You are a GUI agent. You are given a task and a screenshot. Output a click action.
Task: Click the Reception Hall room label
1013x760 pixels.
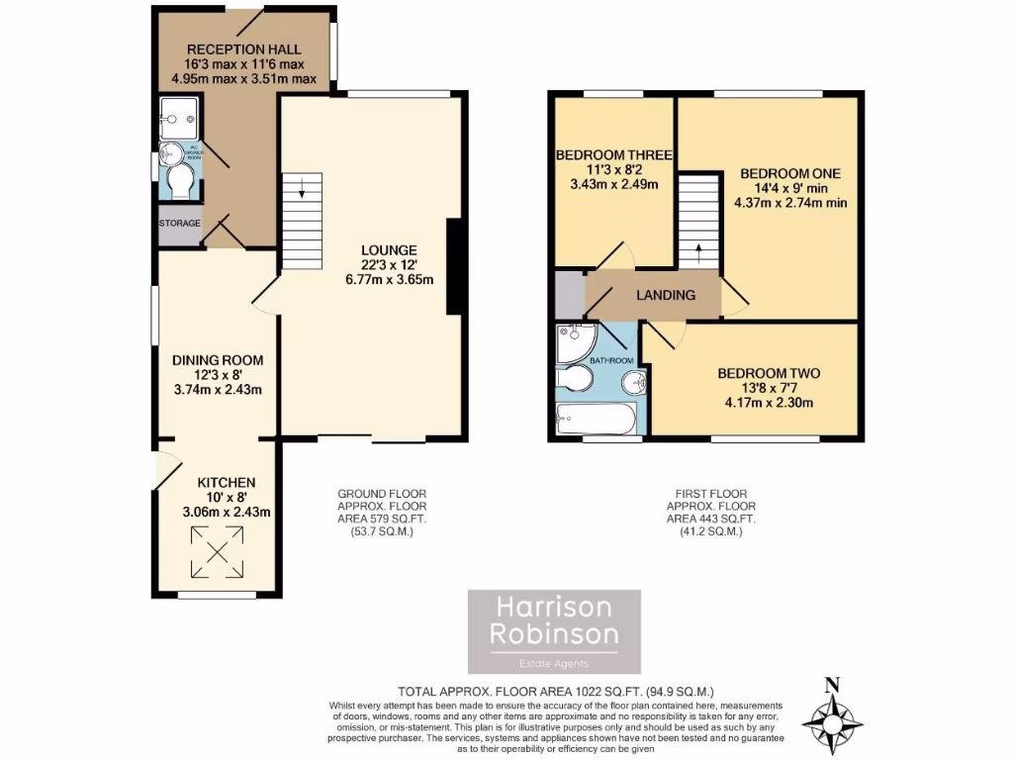243,49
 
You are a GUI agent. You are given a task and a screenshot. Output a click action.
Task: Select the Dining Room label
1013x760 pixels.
217,360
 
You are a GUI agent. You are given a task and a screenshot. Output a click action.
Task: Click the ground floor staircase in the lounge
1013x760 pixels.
303,222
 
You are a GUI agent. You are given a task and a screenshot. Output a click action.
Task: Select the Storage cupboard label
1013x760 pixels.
180,224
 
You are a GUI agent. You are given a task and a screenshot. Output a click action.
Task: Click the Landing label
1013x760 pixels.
665,295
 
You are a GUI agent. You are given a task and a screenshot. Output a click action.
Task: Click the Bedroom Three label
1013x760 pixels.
614,155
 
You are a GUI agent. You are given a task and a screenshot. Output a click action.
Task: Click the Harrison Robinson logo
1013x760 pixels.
554,631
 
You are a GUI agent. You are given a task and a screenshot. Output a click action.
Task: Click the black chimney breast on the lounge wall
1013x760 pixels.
454,266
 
